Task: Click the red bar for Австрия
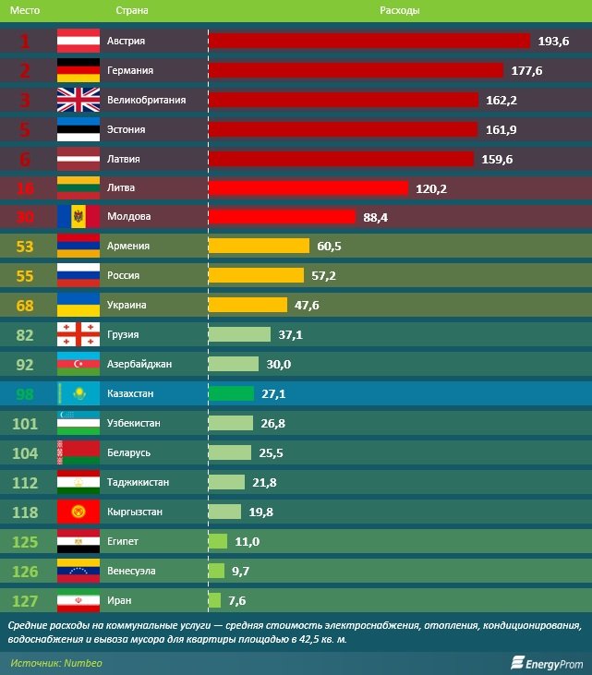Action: click(369, 41)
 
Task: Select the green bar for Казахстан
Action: click(231, 393)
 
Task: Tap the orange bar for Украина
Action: click(248, 305)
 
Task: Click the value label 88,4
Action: click(376, 217)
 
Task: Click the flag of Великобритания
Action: click(78, 100)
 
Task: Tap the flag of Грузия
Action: click(78, 334)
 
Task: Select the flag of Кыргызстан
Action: click(78, 512)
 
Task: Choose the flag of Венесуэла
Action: click(78, 571)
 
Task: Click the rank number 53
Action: click(25, 247)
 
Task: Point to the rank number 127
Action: click(25, 600)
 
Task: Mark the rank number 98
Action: click(25, 393)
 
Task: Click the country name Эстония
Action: click(128, 129)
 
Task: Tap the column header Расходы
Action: click(400, 10)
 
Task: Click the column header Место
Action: click(25, 10)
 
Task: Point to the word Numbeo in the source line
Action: click(83, 662)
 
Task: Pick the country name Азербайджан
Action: click(140, 364)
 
